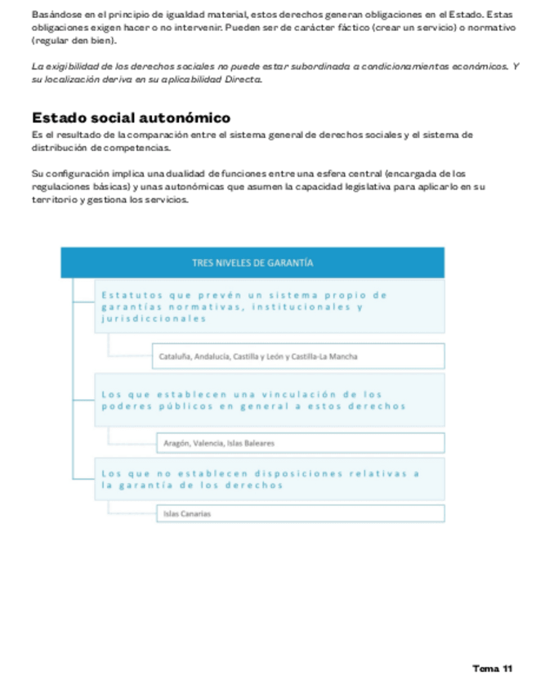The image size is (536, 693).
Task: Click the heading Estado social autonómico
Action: click(131, 118)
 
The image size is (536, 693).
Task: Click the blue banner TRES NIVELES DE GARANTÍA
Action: click(252, 263)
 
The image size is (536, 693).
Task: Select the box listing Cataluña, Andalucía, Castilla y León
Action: click(298, 356)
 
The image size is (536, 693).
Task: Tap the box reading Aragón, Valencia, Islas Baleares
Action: click(300, 443)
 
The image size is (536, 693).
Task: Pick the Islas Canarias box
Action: click(300, 513)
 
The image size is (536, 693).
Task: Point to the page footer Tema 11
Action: click(493, 668)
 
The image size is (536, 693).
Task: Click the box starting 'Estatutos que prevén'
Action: click(270, 306)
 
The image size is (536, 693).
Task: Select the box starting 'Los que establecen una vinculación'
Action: click(270, 400)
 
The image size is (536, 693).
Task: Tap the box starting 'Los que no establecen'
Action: click(270, 478)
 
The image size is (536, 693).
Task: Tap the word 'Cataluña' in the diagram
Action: click(175, 356)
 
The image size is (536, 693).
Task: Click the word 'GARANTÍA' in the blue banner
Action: click(289, 263)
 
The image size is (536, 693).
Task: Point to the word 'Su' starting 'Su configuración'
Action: click(36, 173)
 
